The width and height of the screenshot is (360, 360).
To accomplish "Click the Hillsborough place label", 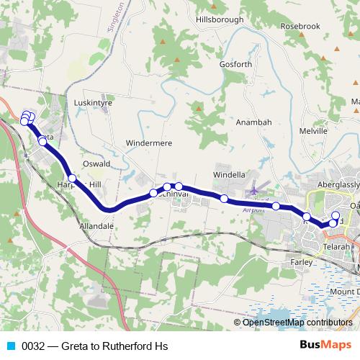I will click(x=220, y=20).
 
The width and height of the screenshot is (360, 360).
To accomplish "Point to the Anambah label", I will click(x=254, y=122).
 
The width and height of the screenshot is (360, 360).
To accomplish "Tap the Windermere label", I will click(x=149, y=143).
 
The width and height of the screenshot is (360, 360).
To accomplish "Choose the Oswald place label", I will click(x=96, y=163).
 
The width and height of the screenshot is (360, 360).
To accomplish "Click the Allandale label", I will click(x=96, y=225).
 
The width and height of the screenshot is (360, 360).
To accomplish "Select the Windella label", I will click(x=230, y=175).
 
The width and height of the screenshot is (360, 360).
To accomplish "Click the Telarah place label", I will click(x=336, y=246).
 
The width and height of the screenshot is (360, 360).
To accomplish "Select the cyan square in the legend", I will click(x=8, y=346).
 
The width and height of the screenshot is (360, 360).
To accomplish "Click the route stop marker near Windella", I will click(x=224, y=198).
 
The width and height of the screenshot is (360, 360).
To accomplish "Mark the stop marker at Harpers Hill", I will click(x=72, y=178).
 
